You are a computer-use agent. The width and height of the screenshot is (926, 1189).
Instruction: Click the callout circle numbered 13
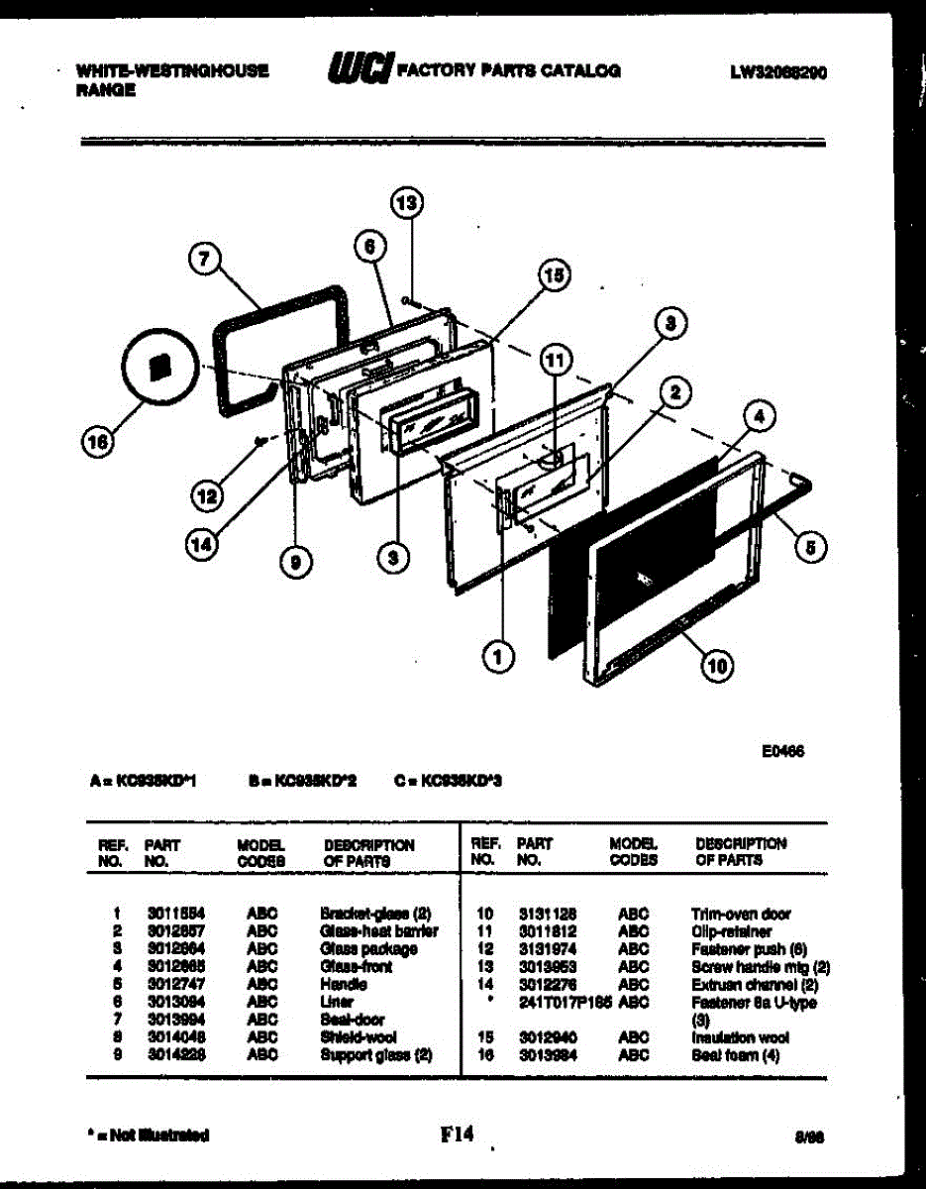pyautogui.click(x=406, y=204)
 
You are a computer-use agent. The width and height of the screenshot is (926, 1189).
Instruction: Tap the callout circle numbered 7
pyautogui.click(x=204, y=261)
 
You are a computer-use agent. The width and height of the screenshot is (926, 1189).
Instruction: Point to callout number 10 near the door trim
pyautogui.click(x=717, y=668)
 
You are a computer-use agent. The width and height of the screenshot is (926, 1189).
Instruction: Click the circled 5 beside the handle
pyautogui.click(x=811, y=547)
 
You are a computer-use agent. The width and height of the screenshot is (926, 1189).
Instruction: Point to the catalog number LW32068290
pyautogui.click(x=779, y=72)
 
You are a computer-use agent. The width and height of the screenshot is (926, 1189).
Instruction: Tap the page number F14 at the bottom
pyautogui.click(x=457, y=1135)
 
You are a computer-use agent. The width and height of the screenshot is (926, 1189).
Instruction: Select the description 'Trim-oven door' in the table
pyautogui.click(x=741, y=914)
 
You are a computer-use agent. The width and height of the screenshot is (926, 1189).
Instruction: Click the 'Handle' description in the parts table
pyautogui.click(x=344, y=985)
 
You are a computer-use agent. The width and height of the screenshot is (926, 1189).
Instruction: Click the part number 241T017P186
pyautogui.click(x=561, y=1003)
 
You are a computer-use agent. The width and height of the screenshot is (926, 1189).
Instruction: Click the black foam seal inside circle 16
pyautogui.click(x=156, y=367)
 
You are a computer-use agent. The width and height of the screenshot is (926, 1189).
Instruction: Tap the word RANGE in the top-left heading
pyautogui.click(x=105, y=90)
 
